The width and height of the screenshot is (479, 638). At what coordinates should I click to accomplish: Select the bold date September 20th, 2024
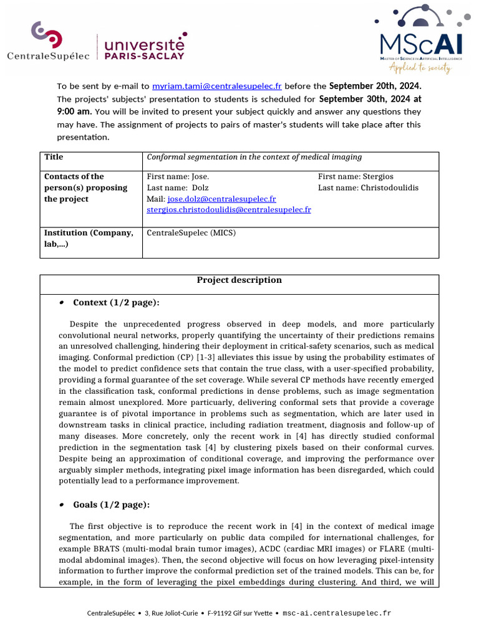pos(375,86)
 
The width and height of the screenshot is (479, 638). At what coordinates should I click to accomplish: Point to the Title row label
pos(54,157)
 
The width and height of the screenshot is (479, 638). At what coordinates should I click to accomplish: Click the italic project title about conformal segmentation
pos(254,157)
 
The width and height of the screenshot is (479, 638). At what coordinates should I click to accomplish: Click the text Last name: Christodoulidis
pos(368,188)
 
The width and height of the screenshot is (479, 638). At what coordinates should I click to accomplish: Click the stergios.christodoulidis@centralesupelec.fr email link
pos(229,210)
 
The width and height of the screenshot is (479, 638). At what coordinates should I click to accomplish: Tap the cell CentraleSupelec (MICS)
pos(191,233)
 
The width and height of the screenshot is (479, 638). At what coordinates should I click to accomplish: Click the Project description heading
pos(239,280)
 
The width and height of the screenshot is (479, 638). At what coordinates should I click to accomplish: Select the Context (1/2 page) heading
pos(116,303)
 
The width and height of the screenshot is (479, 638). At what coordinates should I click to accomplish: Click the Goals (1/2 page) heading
pos(111,505)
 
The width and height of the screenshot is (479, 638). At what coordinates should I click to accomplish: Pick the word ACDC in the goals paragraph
pos(298,549)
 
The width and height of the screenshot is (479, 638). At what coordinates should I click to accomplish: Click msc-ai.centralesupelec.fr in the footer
pos(337,613)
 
